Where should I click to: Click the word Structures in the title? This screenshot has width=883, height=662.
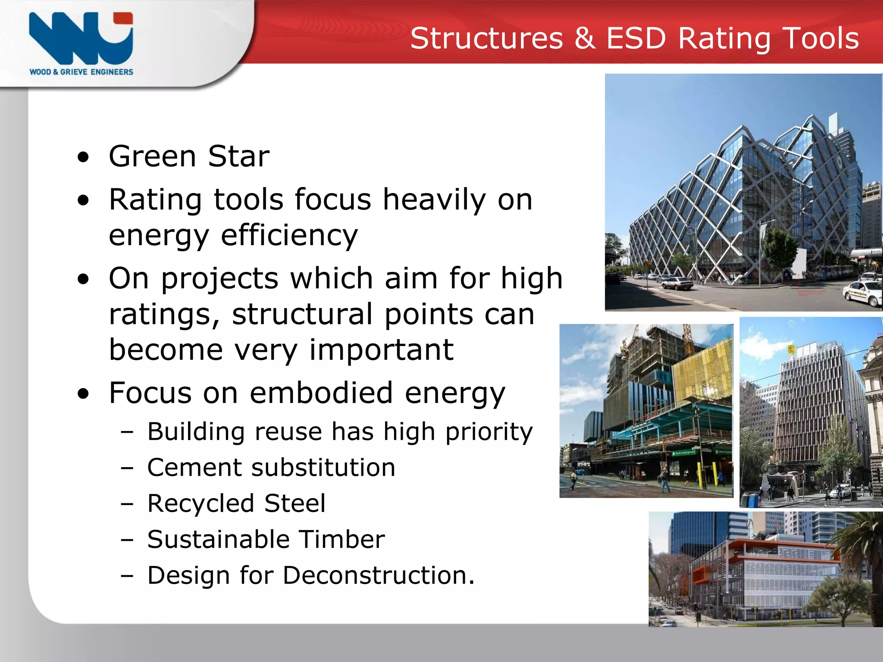(486, 38)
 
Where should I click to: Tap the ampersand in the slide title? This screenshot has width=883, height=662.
(585, 38)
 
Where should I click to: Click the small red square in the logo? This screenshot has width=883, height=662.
(123, 18)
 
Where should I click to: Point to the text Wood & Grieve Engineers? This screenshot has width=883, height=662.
(81, 72)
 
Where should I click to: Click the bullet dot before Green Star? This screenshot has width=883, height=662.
(83, 158)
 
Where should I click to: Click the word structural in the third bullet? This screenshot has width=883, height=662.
(302, 314)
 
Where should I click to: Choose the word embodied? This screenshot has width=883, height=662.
(321, 393)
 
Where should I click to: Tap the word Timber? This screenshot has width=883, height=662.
(341, 539)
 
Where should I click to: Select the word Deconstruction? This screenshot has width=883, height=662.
(378, 575)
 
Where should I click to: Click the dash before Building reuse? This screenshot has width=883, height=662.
(127, 432)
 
